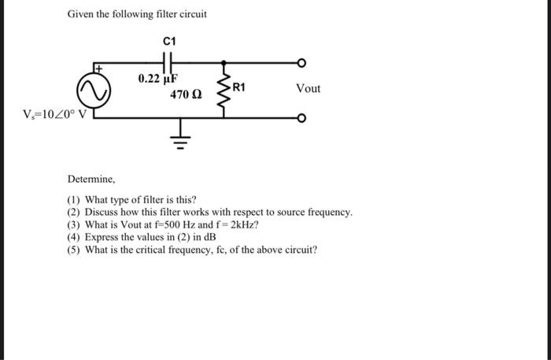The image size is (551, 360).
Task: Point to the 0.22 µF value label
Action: click(158, 79)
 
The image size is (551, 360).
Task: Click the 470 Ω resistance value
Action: click(187, 95)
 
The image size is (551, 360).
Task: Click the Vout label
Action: click(308, 88)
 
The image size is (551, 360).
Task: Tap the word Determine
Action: click(91, 180)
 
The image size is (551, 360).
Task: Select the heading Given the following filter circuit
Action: click(136, 14)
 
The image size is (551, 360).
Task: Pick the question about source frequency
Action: click(209, 213)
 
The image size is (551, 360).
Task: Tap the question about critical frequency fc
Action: click(192, 250)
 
